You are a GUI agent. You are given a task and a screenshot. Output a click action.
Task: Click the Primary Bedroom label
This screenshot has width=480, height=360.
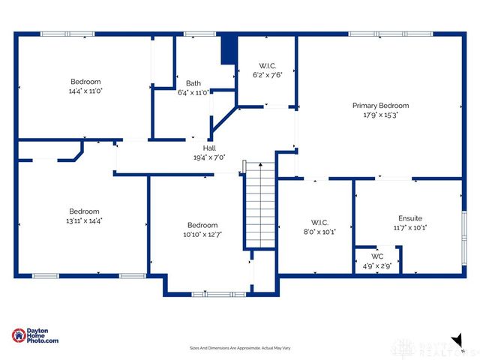(x=380, y=106)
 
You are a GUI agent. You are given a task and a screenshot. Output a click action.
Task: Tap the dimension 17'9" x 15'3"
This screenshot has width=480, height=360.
(x=380, y=115)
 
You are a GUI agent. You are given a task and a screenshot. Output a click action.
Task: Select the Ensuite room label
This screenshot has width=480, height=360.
(x=409, y=217)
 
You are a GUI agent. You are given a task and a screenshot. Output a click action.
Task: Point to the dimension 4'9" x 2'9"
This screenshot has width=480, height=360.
(x=377, y=265)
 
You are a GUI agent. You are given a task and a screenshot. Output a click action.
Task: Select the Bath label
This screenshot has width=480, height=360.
(x=193, y=83)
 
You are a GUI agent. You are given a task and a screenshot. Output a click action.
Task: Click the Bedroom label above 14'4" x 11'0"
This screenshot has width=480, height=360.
(x=85, y=82)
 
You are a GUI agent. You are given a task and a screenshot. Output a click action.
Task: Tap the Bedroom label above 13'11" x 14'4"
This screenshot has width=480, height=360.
(x=84, y=211)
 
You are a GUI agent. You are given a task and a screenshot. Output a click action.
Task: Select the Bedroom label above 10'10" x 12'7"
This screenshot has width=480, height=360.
(x=202, y=225)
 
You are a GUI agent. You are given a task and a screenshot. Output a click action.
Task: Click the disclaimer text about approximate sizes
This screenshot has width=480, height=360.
(x=239, y=348)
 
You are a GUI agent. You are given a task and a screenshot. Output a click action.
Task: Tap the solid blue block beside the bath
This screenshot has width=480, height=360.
(x=229, y=51)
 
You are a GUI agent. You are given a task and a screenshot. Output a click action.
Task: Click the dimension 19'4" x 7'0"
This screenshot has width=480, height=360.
(x=209, y=157)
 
